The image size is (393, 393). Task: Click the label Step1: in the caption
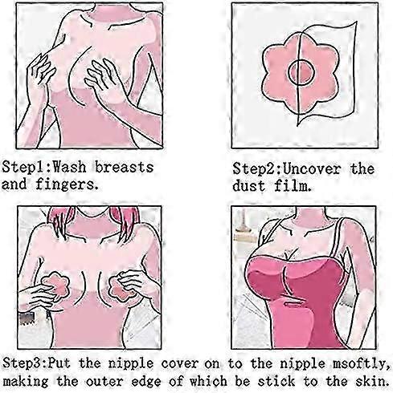click(27, 168)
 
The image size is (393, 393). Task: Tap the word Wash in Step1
click(69, 168)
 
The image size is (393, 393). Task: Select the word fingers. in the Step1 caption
click(67, 184)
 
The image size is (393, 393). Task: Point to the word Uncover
click(312, 169)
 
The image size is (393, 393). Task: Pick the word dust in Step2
click(249, 186)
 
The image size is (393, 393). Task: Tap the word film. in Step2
click(293, 186)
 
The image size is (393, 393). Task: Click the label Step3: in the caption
click(26, 363)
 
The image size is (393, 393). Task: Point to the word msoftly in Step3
click(359, 364)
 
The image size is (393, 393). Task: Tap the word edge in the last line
click(147, 382)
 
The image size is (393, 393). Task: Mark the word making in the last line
click(26, 382)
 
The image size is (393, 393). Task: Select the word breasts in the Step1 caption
click(125, 168)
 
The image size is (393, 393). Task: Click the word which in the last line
click(208, 381)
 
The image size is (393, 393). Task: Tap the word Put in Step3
click(59, 363)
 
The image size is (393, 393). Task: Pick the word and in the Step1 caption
click(14, 184)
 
